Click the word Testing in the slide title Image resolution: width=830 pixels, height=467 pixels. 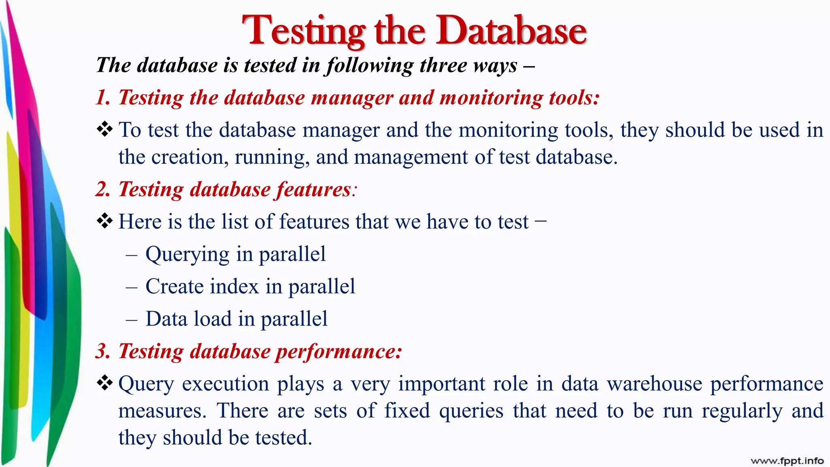[x=304, y=31]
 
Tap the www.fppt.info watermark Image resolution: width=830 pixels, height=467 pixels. [x=787, y=461]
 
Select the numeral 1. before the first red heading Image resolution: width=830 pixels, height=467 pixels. [x=103, y=98]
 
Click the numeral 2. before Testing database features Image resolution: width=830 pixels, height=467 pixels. [x=103, y=190]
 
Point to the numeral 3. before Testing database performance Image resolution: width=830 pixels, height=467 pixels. [x=103, y=351]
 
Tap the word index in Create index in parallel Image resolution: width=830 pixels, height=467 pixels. [x=235, y=287]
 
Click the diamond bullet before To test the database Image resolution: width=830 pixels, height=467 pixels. [x=105, y=130]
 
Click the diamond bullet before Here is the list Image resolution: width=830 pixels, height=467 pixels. [x=105, y=221]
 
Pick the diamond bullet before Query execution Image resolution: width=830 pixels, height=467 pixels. [x=105, y=383]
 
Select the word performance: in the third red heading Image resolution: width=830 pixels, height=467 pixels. [x=339, y=351]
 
